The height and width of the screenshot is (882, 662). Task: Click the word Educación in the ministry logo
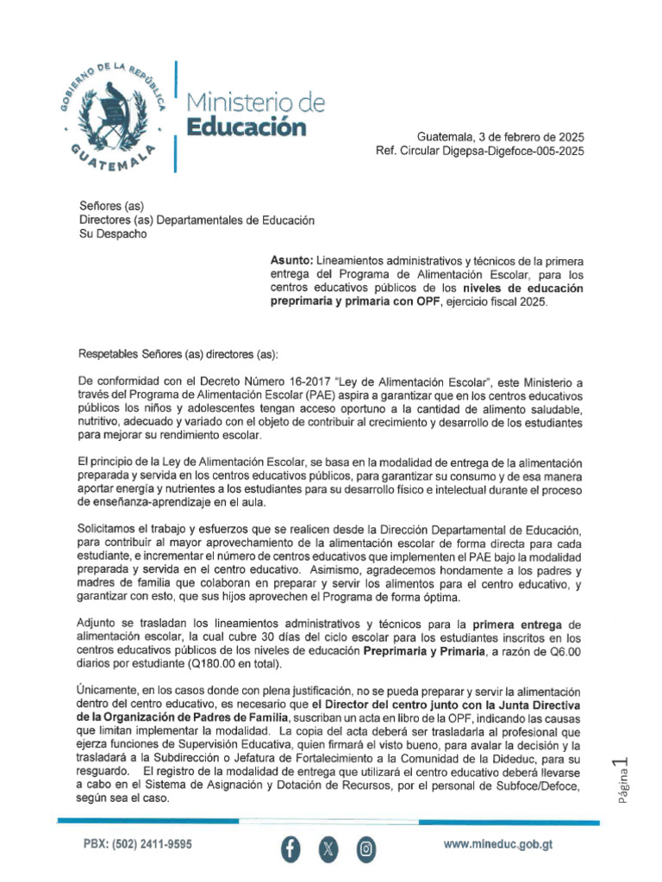pyautogui.click(x=247, y=128)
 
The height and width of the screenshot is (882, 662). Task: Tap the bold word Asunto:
pyautogui.click(x=292, y=259)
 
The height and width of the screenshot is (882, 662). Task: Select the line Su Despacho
pyautogui.click(x=113, y=233)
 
